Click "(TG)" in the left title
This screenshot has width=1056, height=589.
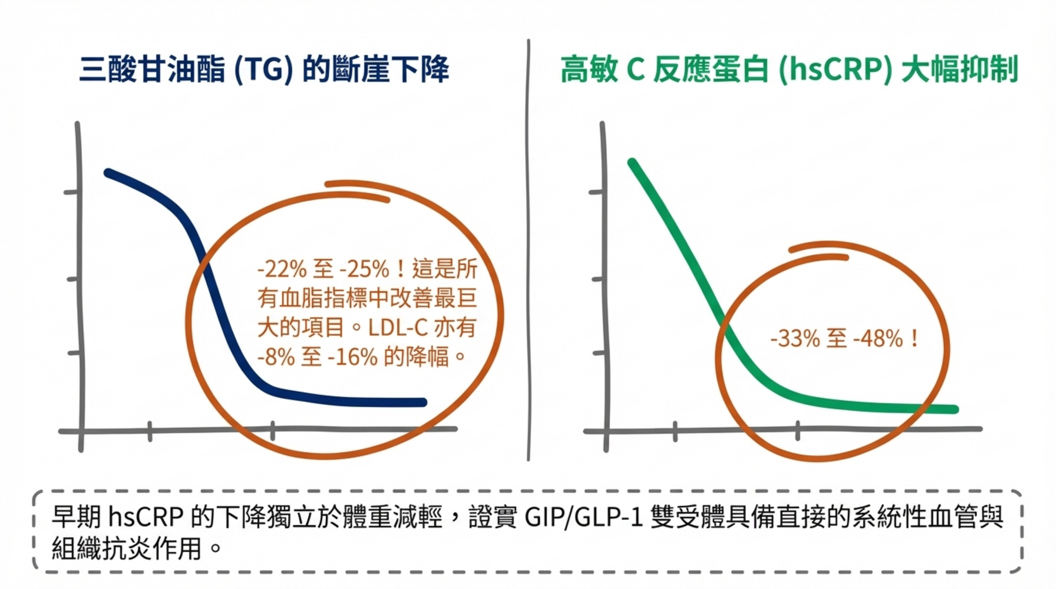pos(263,70)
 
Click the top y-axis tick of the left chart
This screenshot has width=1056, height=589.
pos(70,192)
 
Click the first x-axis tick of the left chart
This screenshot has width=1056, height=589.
pos(150,431)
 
